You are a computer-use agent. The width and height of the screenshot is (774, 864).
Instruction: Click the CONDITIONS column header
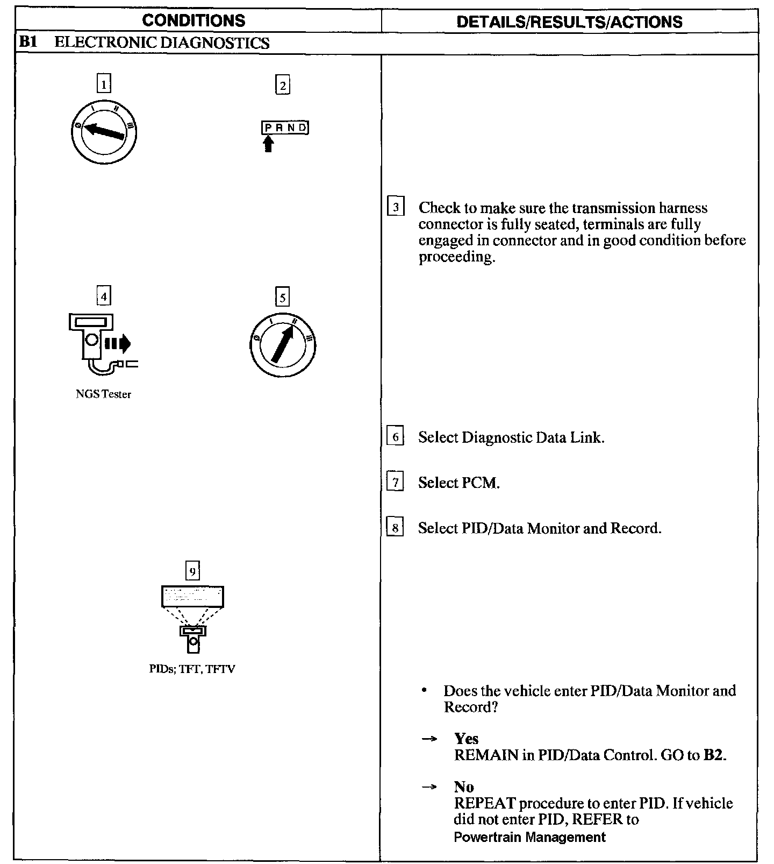(x=193, y=20)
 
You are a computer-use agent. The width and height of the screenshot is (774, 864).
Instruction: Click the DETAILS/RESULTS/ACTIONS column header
(x=569, y=22)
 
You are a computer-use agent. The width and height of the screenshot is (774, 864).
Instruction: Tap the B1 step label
(x=28, y=43)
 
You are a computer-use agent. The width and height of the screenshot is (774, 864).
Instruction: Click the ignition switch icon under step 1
(x=104, y=131)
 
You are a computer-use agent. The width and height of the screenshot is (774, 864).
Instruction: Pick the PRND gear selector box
(x=285, y=128)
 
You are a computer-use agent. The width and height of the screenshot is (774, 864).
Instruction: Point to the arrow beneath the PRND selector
(x=268, y=144)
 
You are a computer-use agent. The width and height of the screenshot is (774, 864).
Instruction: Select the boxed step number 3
(x=396, y=207)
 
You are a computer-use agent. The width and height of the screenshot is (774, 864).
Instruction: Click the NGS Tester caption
(x=103, y=394)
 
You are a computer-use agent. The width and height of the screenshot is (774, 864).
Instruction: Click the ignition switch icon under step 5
(x=283, y=344)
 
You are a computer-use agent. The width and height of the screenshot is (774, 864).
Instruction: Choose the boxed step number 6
(x=395, y=436)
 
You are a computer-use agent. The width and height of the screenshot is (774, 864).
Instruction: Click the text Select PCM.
(x=458, y=483)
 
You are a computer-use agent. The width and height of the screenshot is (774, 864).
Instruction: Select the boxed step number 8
(x=395, y=528)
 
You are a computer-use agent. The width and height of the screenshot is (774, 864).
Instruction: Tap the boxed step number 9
(x=192, y=570)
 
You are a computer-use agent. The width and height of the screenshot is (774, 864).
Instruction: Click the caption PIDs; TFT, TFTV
(x=192, y=669)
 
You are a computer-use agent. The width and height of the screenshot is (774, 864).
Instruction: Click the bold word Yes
(x=466, y=739)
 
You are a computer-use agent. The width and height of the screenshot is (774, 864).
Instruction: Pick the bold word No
(x=464, y=787)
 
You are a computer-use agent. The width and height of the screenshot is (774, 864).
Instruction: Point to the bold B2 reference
(x=713, y=755)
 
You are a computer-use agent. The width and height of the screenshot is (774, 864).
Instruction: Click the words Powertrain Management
(x=529, y=837)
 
